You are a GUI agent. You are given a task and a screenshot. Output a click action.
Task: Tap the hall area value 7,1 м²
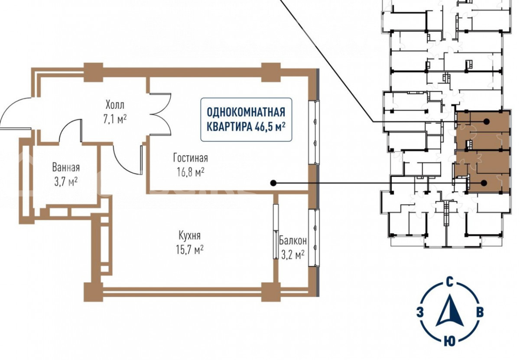115,119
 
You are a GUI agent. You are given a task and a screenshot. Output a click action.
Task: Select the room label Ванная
66,167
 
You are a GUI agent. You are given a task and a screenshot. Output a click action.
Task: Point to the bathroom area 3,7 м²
66,181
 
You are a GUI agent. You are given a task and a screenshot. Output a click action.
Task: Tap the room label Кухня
189,236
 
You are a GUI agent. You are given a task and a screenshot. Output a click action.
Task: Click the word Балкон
293,240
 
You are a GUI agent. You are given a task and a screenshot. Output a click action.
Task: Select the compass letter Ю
450,341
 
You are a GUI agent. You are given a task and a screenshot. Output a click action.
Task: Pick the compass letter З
420,312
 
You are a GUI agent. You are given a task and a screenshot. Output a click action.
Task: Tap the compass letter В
480,312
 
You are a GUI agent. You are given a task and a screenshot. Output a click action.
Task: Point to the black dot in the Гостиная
273,183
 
